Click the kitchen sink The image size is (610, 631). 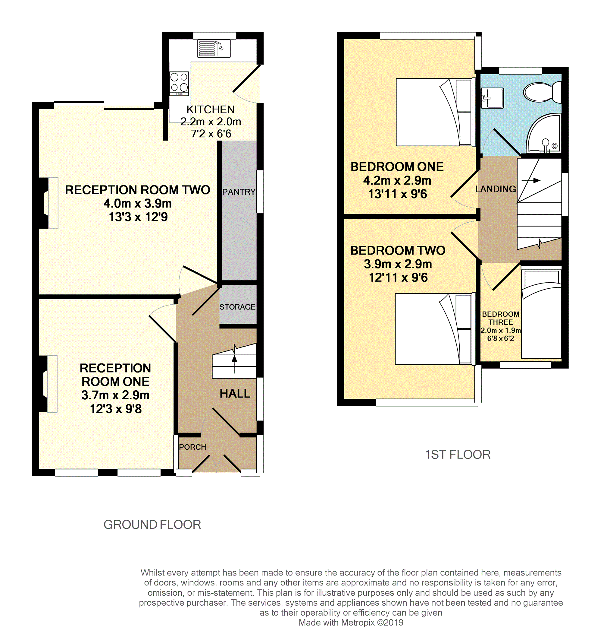click(214, 49)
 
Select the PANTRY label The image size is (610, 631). click(239, 192)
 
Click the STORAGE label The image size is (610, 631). click(237, 307)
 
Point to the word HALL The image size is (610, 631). click(235, 393)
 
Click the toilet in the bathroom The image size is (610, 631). click(542, 92)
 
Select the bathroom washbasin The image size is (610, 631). click(492, 97)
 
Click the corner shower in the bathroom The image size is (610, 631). click(543, 133)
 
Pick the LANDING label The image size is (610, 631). click(496, 189)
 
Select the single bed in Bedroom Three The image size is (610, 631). click(541, 314)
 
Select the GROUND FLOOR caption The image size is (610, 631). click(152, 525)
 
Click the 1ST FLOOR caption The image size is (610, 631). click(458, 454)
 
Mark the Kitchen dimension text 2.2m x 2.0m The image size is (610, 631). click(211, 121)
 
